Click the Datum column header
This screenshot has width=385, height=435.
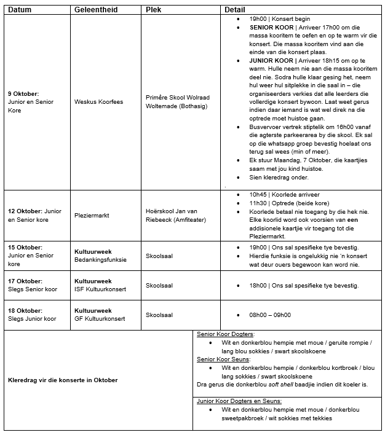20,10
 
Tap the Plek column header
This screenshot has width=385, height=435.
154,10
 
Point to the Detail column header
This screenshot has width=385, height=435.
235,10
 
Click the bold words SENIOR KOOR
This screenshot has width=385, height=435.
271,28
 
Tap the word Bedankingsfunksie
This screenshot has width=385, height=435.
101,259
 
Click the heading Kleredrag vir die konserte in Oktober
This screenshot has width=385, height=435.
63,380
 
